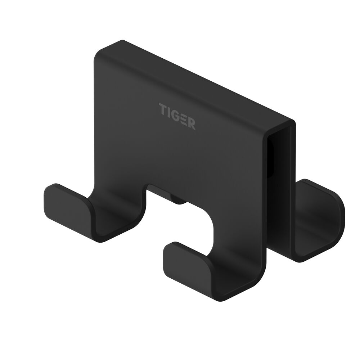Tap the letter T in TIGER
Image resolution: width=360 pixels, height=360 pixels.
pos(162,108)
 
